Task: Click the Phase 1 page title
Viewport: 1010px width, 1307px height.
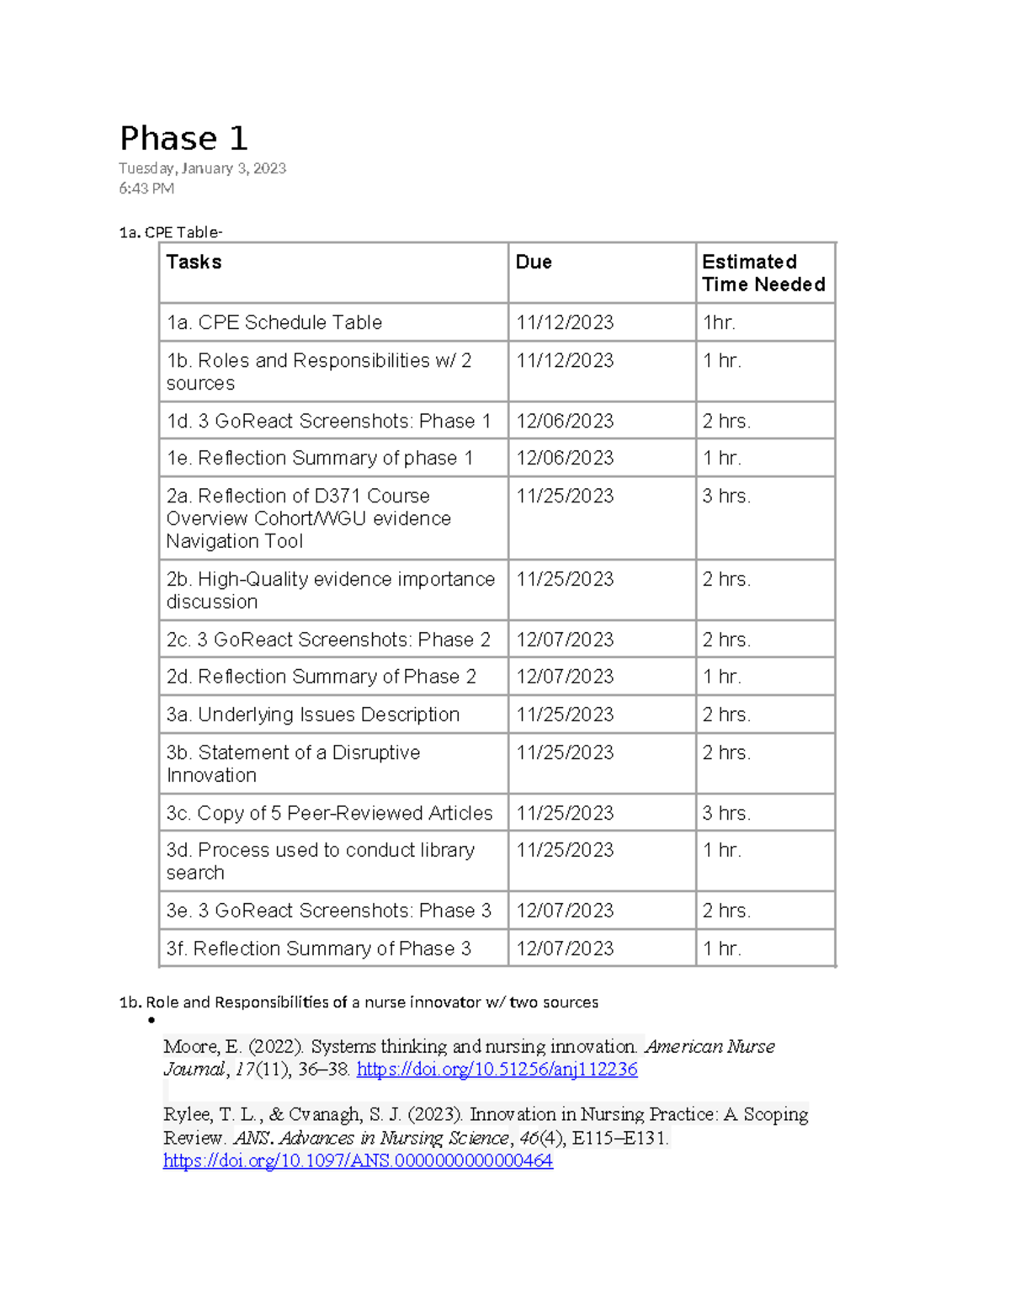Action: pos(183,139)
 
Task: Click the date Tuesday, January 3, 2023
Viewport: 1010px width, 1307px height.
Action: pos(202,168)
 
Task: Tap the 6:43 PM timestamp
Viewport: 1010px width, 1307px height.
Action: pos(146,189)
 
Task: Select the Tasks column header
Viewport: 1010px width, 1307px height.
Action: pos(194,262)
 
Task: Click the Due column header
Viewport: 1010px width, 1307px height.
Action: pos(534,262)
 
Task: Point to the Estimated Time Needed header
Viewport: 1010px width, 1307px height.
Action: pos(763,273)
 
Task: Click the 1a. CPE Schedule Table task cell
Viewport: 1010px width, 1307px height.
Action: pos(274,322)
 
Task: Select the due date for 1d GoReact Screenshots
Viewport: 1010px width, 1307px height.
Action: pos(565,421)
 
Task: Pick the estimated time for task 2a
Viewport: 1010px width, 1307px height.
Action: pos(726,496)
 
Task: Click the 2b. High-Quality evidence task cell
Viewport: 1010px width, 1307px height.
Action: pos(330,590)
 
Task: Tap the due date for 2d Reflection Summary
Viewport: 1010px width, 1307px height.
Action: pos(565,677)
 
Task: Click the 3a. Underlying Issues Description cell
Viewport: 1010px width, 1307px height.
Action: pos(313,715)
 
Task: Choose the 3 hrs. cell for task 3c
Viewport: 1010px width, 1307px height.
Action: pos(726,813)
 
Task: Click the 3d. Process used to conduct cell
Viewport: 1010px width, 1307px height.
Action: pos(320,861)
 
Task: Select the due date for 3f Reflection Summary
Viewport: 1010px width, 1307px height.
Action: pos(565,948)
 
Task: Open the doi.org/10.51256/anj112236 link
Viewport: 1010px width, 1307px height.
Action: pos(497,1070)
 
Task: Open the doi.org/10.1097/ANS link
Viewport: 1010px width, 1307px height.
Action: pos(358,1161)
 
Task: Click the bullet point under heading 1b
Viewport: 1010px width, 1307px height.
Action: pos(151,1021)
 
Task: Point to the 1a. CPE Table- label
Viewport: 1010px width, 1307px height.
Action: pos(171,232)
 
